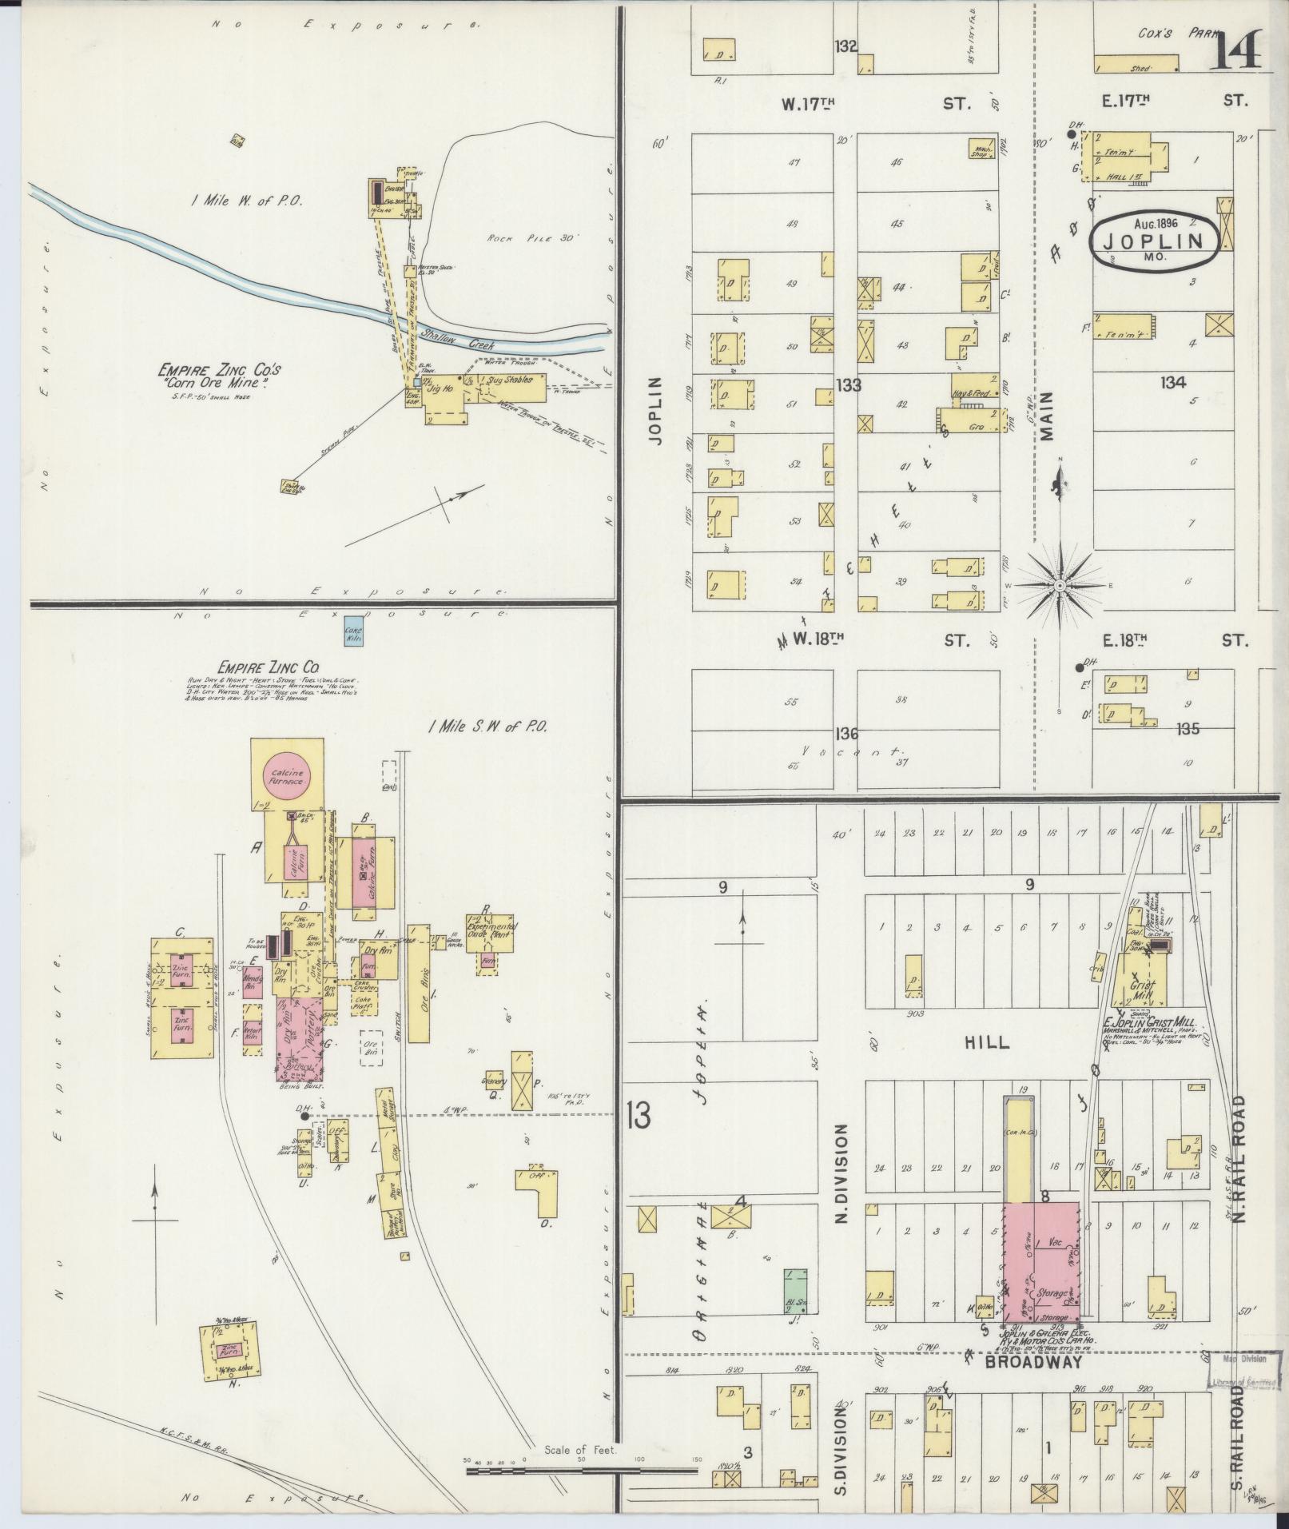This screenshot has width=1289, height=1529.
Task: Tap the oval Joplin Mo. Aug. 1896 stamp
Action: (1156, 240)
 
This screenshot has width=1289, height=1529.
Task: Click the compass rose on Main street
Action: (1060, 585)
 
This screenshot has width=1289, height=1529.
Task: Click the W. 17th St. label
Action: (875, 103)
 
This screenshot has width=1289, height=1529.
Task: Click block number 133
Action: (848, 385)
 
